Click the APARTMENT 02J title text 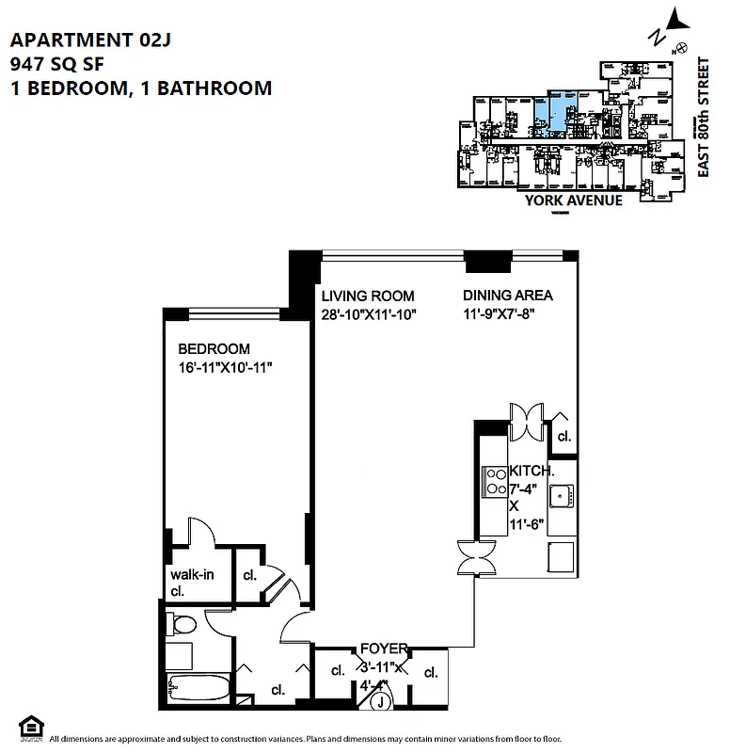click(91, 40)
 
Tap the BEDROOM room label click(214, 348)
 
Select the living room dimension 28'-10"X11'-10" click(368, 313)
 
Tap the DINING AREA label click(507, 295)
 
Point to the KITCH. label click(532, 470)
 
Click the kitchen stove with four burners click(494, 482)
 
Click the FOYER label click(384, 649)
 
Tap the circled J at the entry click(381, 701)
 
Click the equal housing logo click(30, 728)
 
